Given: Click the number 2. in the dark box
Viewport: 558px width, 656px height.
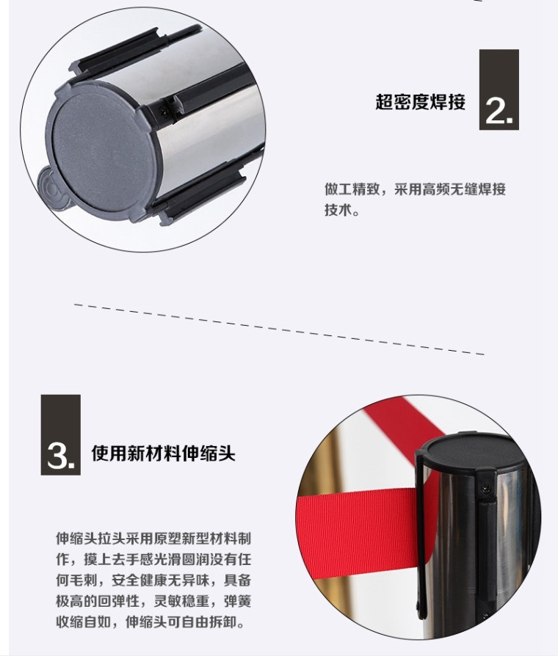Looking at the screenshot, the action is coord(499,112).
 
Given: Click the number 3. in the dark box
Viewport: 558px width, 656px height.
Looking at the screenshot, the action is coord(61,456).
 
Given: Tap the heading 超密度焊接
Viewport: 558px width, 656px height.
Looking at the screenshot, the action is coord(420,102).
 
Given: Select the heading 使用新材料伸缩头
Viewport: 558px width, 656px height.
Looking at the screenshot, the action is coord(163,453).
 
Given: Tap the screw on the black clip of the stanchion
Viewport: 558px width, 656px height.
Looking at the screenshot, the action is coord(485,487).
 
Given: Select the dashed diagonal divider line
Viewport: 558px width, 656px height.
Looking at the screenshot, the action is coord(279,329).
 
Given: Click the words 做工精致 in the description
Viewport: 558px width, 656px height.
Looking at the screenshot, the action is coord(352,189).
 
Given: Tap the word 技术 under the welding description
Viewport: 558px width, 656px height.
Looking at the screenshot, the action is coord(338,210).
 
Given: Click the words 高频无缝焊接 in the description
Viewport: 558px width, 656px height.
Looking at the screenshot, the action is coord(464,189).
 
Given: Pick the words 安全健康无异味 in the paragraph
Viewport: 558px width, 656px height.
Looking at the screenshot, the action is coord(160,580).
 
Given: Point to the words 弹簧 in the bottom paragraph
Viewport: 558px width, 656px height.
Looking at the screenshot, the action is coord(237,601).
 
